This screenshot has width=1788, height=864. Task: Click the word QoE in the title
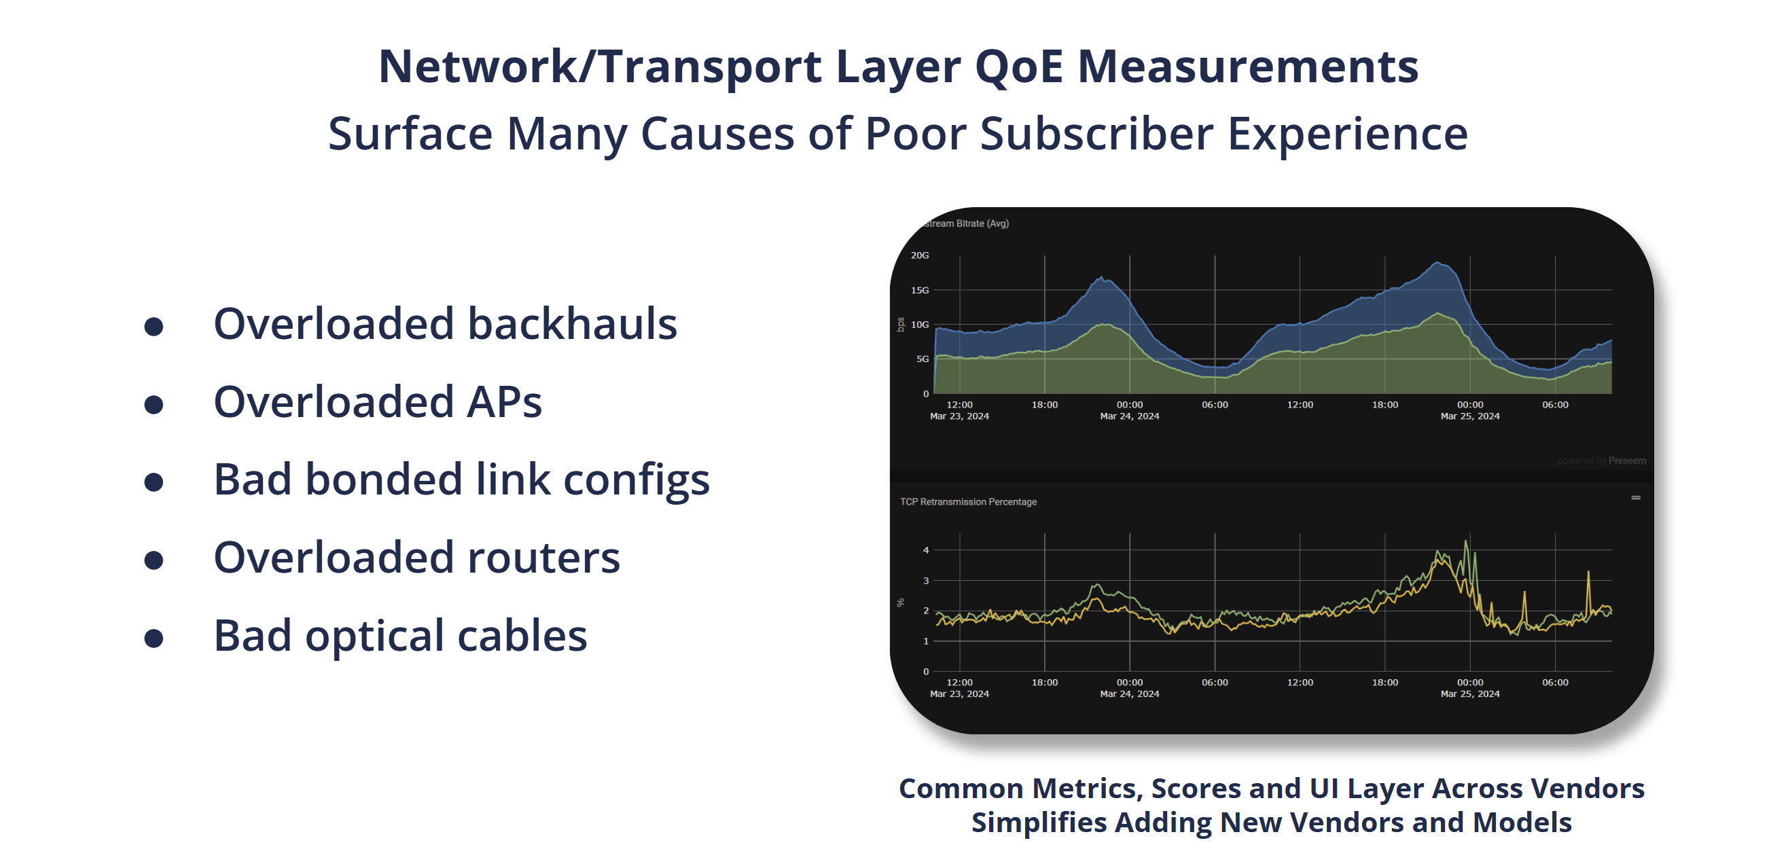point(1018,67)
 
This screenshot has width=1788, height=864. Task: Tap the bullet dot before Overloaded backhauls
point(154,326)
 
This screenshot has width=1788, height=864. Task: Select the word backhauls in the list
point(572,324)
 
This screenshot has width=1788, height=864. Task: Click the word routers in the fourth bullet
point(543,557)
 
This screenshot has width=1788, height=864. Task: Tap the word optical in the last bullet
point(374,636)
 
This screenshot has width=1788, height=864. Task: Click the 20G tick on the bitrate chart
point(919,255)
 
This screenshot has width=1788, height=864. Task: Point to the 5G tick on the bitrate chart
point(922,359)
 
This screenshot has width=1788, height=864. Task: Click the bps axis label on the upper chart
point(900,324)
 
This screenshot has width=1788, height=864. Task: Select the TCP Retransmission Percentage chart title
point(967,502)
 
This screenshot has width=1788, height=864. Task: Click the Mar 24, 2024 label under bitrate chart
point(1128,416)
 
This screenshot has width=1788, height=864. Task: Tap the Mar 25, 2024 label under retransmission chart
point(1469,694)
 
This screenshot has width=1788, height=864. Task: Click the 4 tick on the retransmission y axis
point(925,550)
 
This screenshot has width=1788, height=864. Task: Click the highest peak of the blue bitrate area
point(1439,262)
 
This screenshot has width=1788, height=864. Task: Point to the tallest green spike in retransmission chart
point(1466,541)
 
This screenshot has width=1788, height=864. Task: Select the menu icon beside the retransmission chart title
point(1635,498)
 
